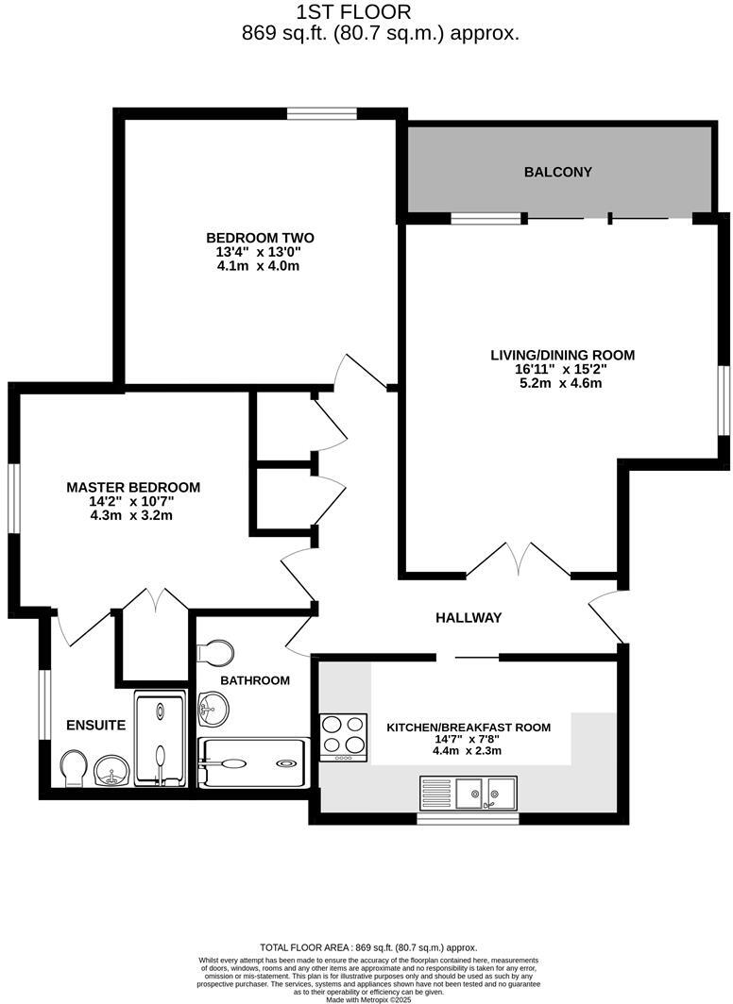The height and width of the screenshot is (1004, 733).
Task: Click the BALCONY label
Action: coord(557,172)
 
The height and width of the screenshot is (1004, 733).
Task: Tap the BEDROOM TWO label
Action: coord(260,238)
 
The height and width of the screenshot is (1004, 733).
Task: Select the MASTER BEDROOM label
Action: coord(133,487)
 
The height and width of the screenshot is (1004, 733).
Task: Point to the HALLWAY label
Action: coord(468,617)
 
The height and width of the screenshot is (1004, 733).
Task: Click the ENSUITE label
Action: coord(95,726)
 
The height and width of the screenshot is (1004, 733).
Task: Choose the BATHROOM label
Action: coord(255,679)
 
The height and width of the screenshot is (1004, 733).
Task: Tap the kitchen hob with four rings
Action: coord(344,737)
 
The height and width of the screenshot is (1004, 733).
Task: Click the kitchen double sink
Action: coord(486,793)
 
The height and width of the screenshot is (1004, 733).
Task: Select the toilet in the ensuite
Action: coord(73,768)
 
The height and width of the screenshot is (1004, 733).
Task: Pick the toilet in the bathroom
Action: coord(217,653)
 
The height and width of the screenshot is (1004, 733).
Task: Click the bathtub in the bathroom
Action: coord(252,762)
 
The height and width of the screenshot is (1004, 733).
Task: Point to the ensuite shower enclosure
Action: coord(160,739)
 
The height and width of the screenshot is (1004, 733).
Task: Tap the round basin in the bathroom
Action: coord(213,707)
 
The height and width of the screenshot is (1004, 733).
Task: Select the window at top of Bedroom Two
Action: coord(321,114)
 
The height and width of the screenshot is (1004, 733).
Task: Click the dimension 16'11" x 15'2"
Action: coord(562,369)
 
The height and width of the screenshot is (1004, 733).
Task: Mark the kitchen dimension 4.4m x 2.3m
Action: coord(468,751)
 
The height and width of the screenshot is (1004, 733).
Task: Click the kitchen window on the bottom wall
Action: coord(468,818)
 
